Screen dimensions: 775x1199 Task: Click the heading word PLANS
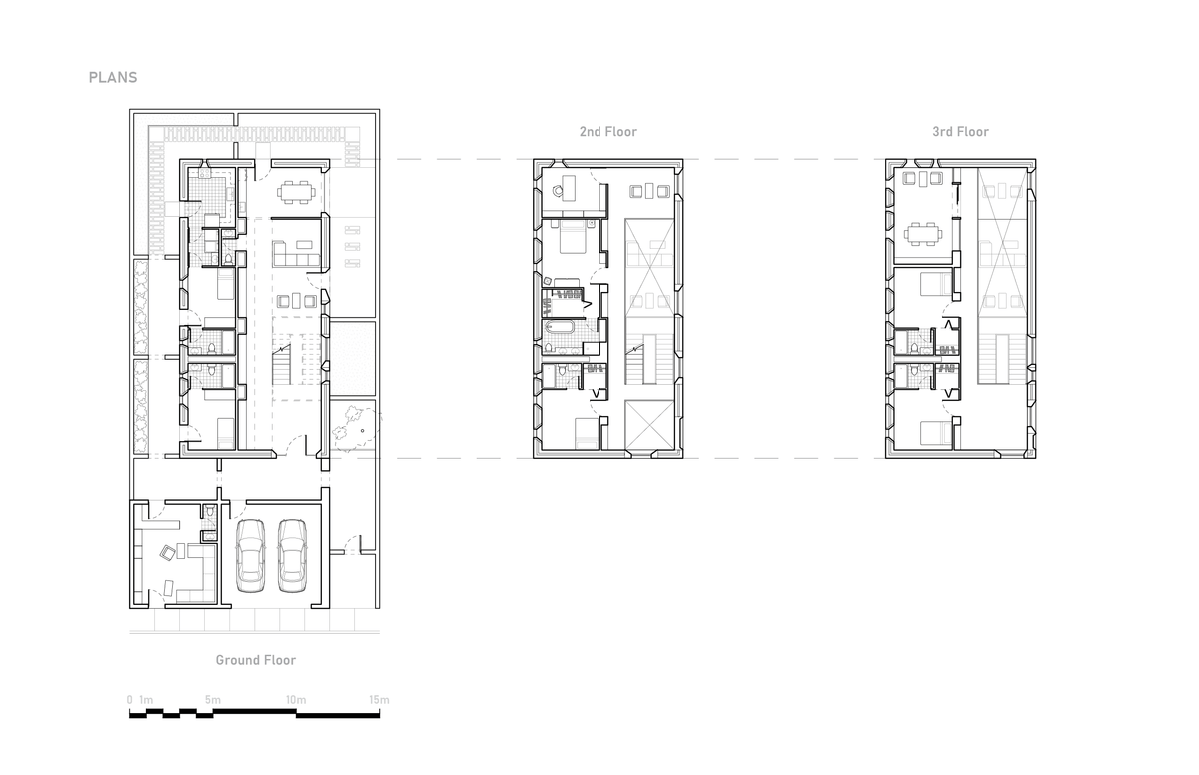(112, 77)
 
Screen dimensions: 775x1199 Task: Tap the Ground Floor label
(256, 660)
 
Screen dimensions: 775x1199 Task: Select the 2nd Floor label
(607, 132)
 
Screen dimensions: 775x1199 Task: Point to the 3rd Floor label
(960, 132)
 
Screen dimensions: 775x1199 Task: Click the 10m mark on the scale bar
(296, 699)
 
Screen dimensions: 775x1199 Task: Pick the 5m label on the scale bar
(212, 699)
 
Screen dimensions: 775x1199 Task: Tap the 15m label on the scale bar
(378, 699)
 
